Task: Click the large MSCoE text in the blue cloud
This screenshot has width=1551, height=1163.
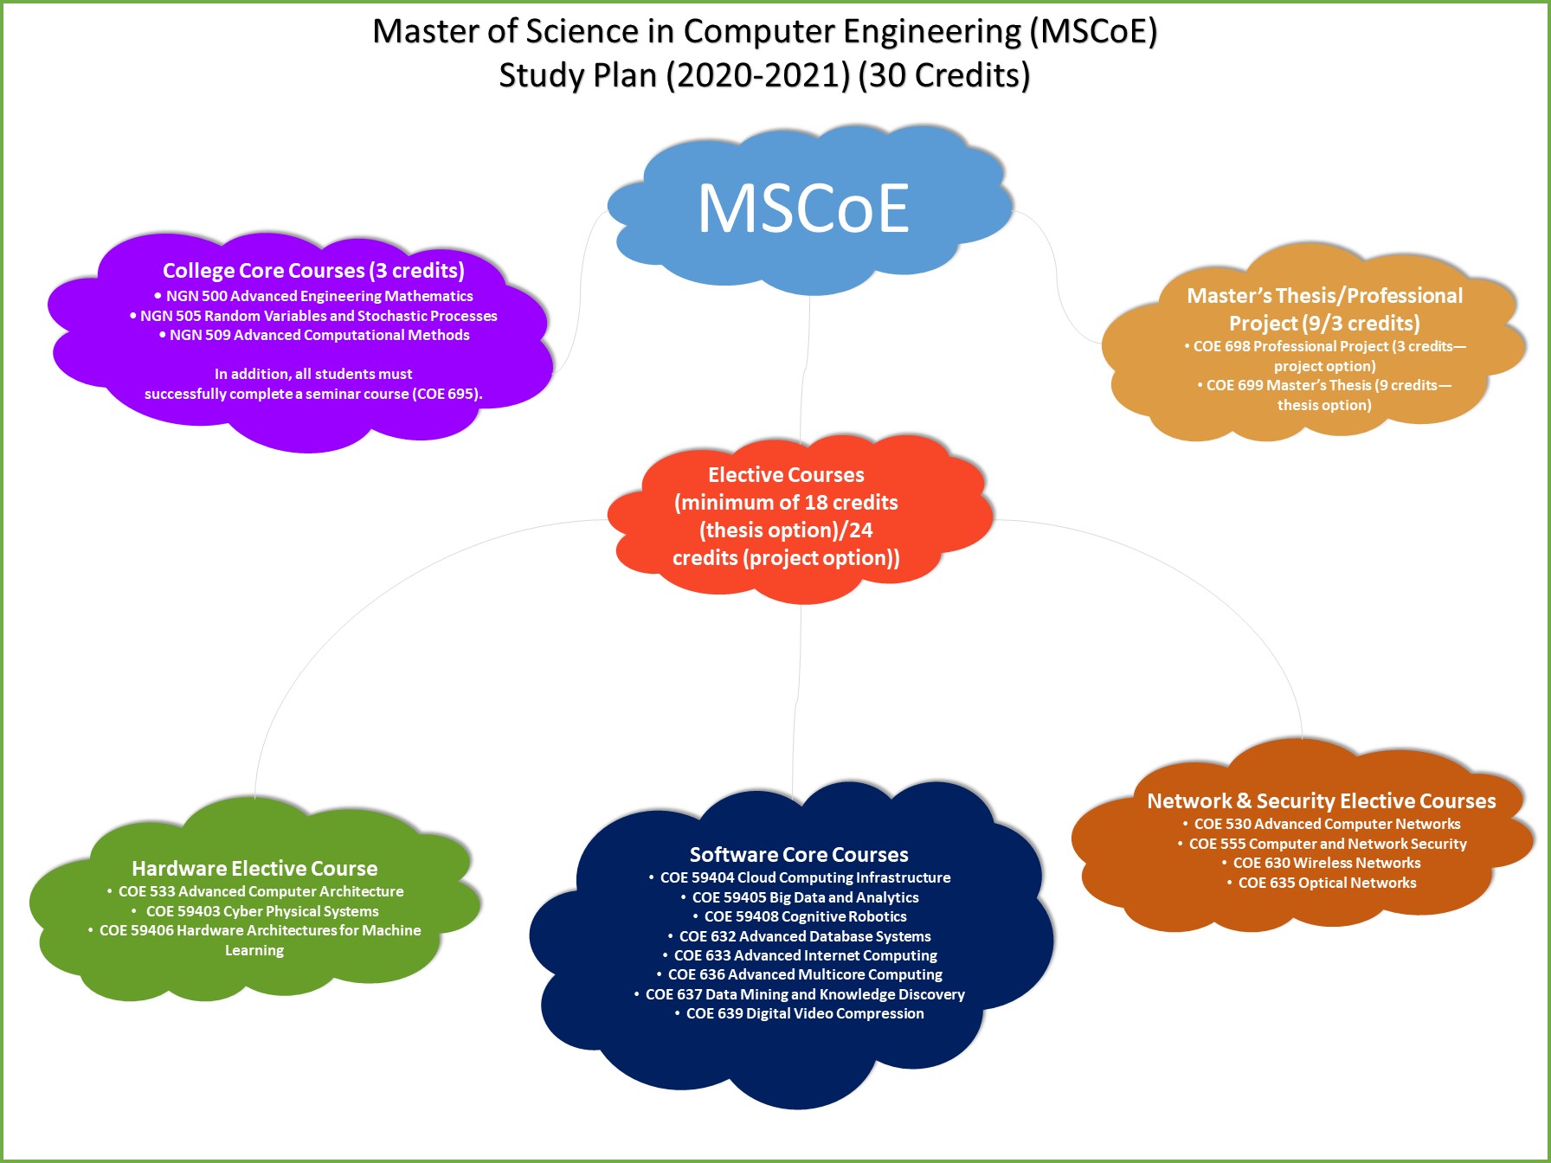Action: [803, 208]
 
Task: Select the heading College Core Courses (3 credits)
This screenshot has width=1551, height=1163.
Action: [313, 271]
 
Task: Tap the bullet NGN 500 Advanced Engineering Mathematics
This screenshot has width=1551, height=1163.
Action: [313, 296]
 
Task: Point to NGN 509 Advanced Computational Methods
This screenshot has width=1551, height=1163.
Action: [313, 335]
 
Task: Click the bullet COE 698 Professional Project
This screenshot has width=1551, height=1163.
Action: [1324, 356]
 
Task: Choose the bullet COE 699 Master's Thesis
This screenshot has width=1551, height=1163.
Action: [1324, 395]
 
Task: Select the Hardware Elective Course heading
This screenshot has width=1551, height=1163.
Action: [254, 868]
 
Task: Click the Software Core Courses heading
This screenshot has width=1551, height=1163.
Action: [799, 854]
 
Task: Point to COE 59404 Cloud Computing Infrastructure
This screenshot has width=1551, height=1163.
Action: [799, 877]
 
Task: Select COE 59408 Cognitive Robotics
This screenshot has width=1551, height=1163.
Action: [799, 916]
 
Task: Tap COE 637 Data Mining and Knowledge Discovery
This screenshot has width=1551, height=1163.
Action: [799, 994]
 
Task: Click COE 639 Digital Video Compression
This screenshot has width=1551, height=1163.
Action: [799, 1013]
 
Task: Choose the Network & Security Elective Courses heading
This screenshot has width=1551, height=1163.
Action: [1322, 801]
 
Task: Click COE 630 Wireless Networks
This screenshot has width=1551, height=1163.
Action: [1322, 863]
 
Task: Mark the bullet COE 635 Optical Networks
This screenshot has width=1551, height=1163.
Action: [1322, 883]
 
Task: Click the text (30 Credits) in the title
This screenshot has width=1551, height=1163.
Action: [944, 75]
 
